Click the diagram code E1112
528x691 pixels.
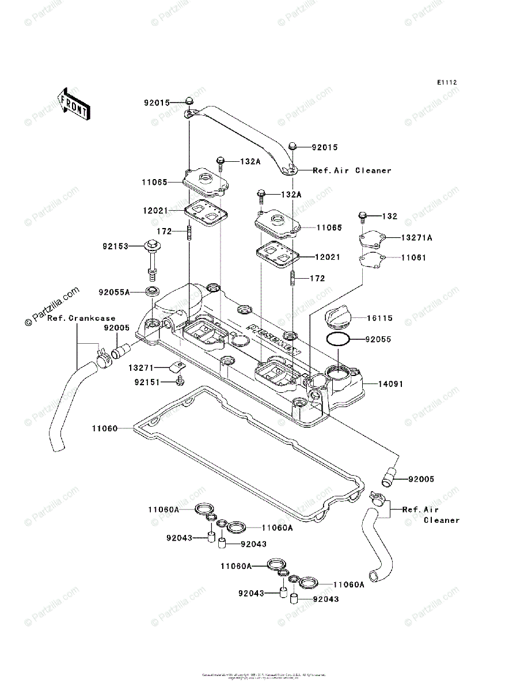pos(446,83)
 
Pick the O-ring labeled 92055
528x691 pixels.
pos(338,340)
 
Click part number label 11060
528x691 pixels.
pos(104,428)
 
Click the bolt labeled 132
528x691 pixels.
pos(363,217)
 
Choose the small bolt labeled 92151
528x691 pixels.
pos(180,381)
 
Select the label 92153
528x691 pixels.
pos(117,246)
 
